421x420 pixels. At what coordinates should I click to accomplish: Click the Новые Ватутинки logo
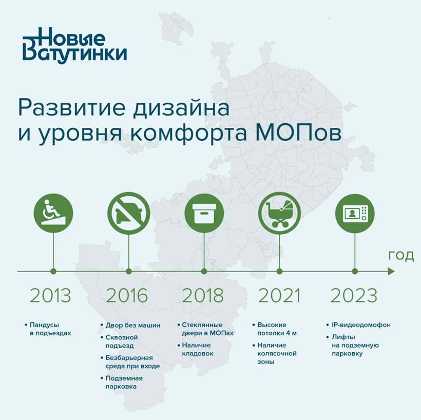pyautogui.click(x=74, y=46)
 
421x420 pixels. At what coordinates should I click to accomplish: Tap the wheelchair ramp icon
pyautogui.click(x=53, y=213)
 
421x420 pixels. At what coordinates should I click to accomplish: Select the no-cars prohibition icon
pyautogui.click(x=128, y=213)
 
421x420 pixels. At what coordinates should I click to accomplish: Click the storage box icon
pyautogui.click(x=204, y=213)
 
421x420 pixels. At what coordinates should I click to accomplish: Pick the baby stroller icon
pyautogui.click(x=279, y=213)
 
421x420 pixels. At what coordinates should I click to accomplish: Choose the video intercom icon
pyautogui.click(x=355, y=213)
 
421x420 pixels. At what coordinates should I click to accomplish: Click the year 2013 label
pyautogui.click(x=50, y=295)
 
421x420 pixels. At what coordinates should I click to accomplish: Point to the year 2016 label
pyautogui.click(x=127, y=295)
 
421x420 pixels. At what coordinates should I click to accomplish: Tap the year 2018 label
pyautogui.click(x=203, y=295)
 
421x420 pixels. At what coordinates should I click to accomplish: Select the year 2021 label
pyautogui.click(x=279, y=295)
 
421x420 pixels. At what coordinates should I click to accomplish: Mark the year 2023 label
pyautogui.click(x=354, y=295)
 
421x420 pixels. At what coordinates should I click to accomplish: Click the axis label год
pyautogui.click(x=401, y=256)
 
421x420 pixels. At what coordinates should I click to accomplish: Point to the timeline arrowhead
pyautogui.click(x=391, y=271)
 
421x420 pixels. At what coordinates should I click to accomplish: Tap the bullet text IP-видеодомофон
pyautogui.click(x=361, y=325)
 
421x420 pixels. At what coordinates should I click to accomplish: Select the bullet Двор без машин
pyautogui.click(x=132, y=325)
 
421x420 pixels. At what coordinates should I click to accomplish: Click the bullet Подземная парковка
pyautogui.click(x=124, y=383)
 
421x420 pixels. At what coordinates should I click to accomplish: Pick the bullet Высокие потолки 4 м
pyautogui.click(x=277, y=329)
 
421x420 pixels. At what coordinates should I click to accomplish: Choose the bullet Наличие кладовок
pyautogui.click(x=197, y=349)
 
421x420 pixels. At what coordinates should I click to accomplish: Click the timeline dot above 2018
pyautogui.click(x=204, y=271)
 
